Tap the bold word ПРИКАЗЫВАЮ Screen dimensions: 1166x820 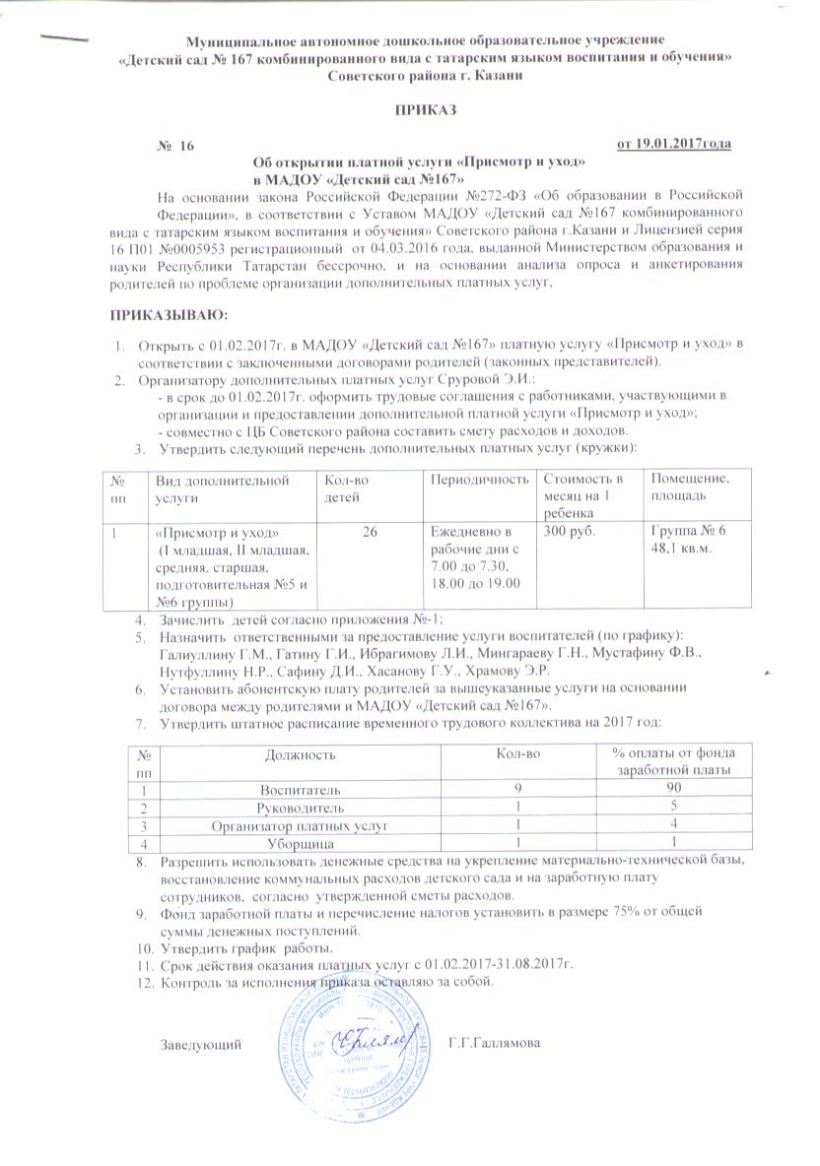click(x=167, y=314)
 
